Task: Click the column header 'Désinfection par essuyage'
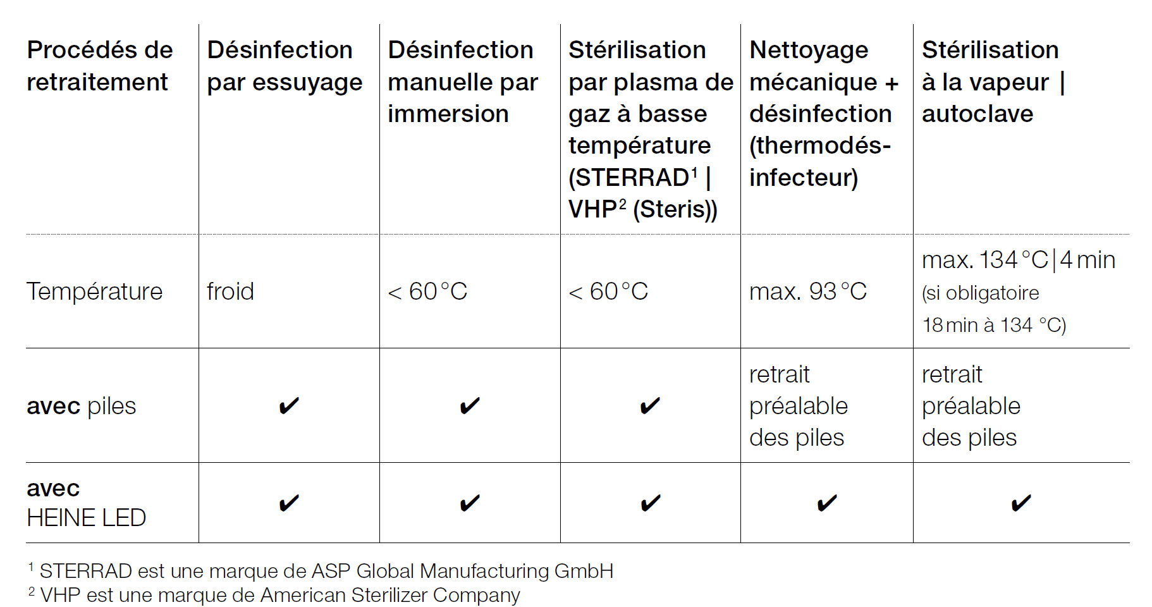click(x=285, y=66)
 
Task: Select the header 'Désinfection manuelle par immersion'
click(x=463, y=82)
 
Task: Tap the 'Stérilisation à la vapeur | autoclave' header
click(x=993, y=82)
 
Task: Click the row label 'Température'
click(x=95, y=291)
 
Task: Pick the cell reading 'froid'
click(x=230, y=291)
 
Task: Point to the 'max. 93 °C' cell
click(x=808, y=291)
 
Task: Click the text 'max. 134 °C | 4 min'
click(x=1019, y=260)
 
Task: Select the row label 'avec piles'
click(x=82, y=406)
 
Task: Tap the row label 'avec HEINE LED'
click(x=87, y=503)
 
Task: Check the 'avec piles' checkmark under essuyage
click(x=289, y=405)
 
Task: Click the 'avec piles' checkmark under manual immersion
click(x=470, y=405)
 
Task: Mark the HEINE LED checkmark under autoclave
click(x=1021, y=503)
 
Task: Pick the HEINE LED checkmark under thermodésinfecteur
click(x=827, y=503)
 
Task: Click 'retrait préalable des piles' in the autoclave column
click(x=971, y=406)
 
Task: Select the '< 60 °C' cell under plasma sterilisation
click(x=608, y=291)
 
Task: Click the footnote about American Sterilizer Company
click(x=274, y=595)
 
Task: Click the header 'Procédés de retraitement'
click(x=100, y=66)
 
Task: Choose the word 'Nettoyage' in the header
click(x=809, y=51)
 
